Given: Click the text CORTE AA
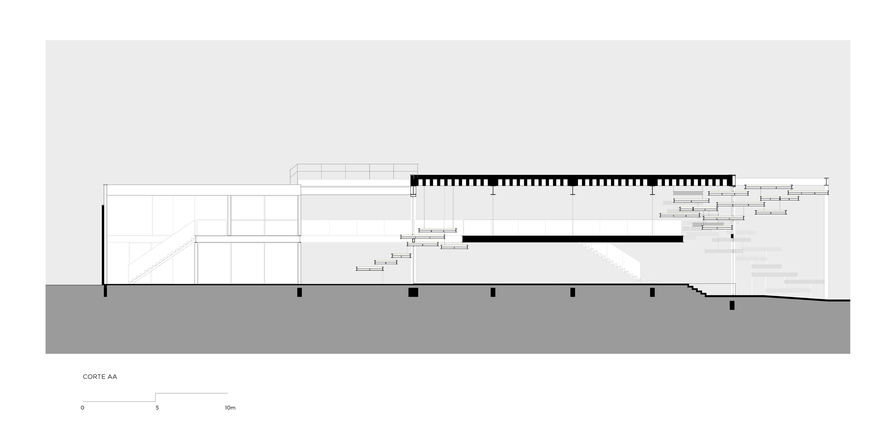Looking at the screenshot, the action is click(100, 377).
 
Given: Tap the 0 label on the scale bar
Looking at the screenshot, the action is click(82, 408).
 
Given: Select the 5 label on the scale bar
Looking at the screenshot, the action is click(157, 408).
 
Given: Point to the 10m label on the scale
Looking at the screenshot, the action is click(230, 408).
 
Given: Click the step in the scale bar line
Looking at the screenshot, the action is click(156, 397).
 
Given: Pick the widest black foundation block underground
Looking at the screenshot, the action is click(413, 292).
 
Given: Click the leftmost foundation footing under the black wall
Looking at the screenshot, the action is click(105, 291).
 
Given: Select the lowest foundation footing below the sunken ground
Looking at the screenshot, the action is click(732, 305).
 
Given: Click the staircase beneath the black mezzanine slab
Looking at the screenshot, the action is click(611, 262).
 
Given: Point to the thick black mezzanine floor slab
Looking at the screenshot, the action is click(573, 239).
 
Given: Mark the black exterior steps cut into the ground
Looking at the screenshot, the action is click(696, 291).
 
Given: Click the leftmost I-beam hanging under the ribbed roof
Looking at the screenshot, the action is click(493, 190).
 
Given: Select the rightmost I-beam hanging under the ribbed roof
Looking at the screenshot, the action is click(652, 190).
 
